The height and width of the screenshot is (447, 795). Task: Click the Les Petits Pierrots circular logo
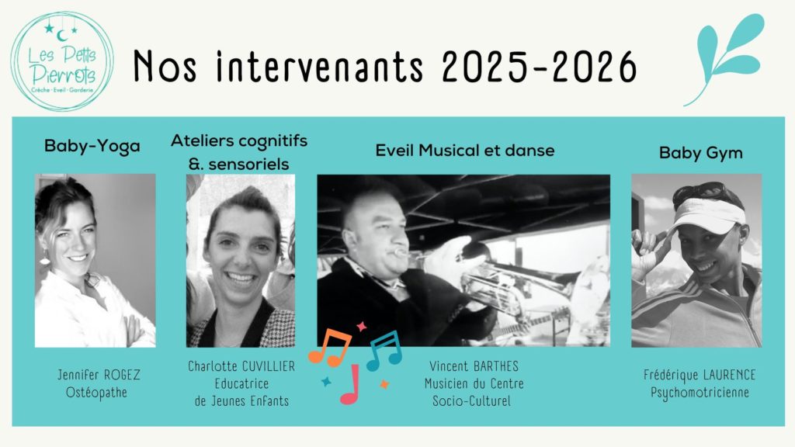pos(62,61)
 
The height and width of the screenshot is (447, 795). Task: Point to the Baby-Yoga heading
pos(92,146)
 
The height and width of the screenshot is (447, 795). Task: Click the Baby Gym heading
pos(701,153)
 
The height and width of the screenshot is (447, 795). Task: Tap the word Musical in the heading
pos(449,150)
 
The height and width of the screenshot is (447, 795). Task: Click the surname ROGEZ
pos(122,375)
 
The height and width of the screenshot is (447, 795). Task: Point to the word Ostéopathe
pos(96,393)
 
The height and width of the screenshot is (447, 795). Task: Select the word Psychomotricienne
pos(700,393)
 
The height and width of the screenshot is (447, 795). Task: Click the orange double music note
pos(329,347)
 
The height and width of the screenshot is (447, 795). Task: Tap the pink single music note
pos(350,384)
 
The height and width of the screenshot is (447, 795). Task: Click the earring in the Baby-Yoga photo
pos(44,258)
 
